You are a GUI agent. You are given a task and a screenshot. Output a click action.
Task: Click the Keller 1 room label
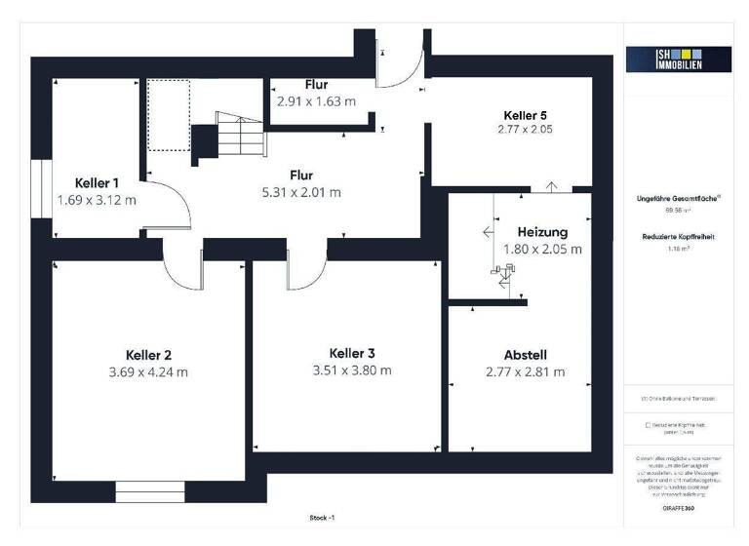[97, 182]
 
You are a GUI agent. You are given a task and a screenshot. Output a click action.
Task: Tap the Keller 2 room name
[149, 355]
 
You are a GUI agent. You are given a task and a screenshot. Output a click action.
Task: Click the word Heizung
[542, 232]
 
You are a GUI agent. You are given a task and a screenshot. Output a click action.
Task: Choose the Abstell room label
[525, 355]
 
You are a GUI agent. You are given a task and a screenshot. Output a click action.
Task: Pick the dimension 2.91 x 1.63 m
[316, 100]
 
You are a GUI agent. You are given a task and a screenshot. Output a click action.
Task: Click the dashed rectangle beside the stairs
[168, 115]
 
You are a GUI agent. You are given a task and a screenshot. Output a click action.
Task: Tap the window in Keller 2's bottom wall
[149, 491]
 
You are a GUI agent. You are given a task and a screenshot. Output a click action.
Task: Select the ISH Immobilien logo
[678, 59]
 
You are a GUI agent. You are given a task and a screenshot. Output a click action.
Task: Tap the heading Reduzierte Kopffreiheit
[678, 237]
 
